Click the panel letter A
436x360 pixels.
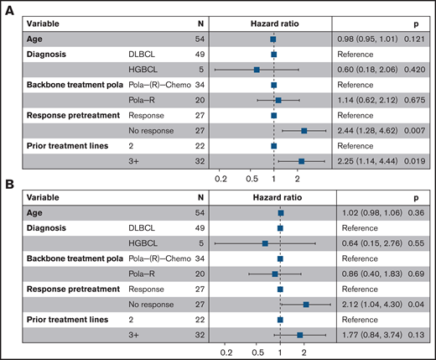8,7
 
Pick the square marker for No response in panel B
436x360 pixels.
306,305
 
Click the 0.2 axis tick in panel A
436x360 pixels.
221,179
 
